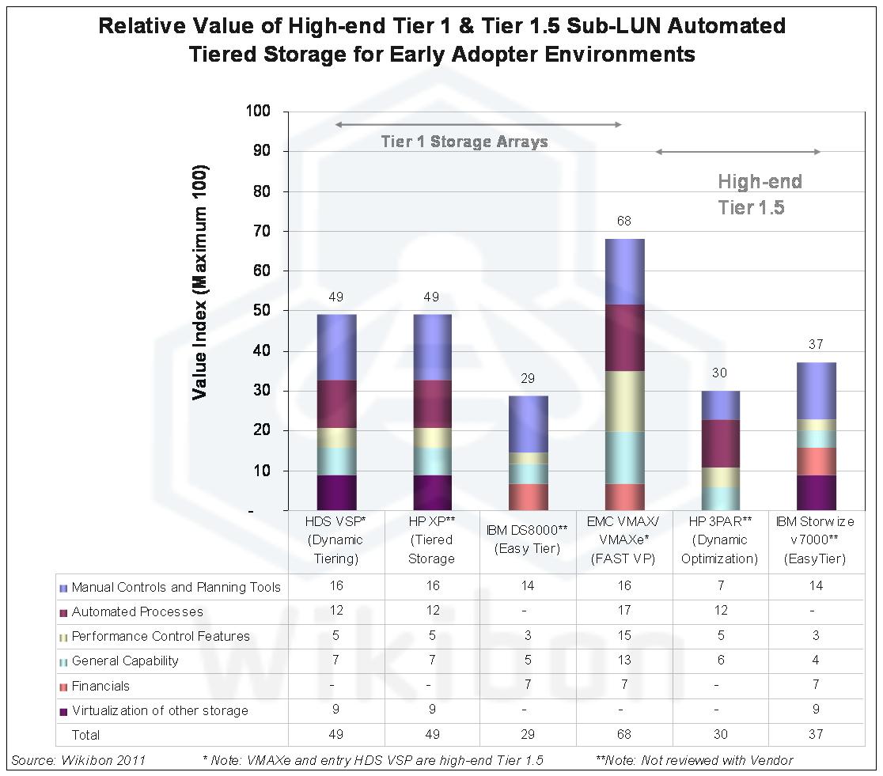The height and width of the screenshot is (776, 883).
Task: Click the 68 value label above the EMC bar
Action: pyautogui.click(x=624, y=221)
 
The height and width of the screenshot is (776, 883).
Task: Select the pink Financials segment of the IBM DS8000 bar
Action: pyautogui.click(x=529, y=497)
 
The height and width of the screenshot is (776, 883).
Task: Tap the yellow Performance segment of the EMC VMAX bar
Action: pyautogui.click(x=624, y=401)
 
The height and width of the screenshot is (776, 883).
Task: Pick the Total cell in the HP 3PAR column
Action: pyautogui.click(x=720, y=735)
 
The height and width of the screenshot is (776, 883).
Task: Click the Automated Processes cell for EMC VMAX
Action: pyautogui.click(x=624, y=611)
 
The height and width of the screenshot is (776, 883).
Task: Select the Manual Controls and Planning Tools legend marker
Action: pyautogui.click(x=63, y=588)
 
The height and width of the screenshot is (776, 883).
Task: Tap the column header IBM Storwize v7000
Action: pyautogui.click(x=816, y=540)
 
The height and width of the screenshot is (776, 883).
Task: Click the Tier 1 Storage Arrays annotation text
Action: pyautogui.click(x=464, y=142)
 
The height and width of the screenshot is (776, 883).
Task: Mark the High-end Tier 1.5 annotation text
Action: pyautogui.click(x=759, y=195)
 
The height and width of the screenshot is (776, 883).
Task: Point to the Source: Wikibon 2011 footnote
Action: pyautogui.click(x=78, y=760)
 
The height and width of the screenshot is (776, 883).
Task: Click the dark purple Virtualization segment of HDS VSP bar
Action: pyautogui.click(x=336, y=492)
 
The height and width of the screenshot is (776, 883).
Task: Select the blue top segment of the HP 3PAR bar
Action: pyautogui.click(x=720, y=405)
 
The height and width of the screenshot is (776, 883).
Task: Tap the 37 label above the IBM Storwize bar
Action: pyautogui.click(x=816, y=345)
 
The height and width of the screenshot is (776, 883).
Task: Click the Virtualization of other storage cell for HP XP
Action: pyautogui.click(x=432, y=710)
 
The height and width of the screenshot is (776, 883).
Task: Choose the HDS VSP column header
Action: pyautogui.click(x=336, y=540)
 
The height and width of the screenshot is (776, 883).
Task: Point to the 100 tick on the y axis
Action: pyautogui.click(x=258, y=112)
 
